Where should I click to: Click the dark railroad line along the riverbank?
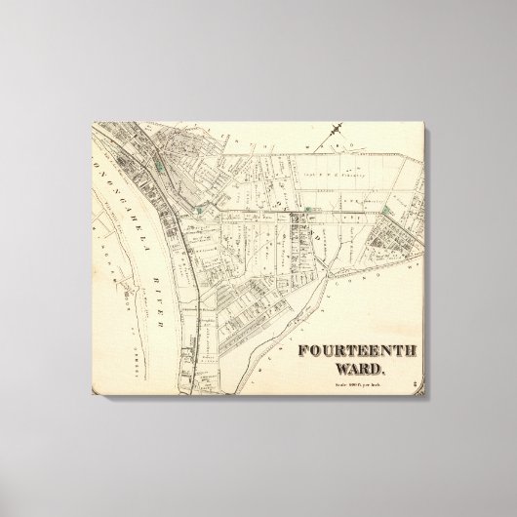[x=186, y=283]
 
